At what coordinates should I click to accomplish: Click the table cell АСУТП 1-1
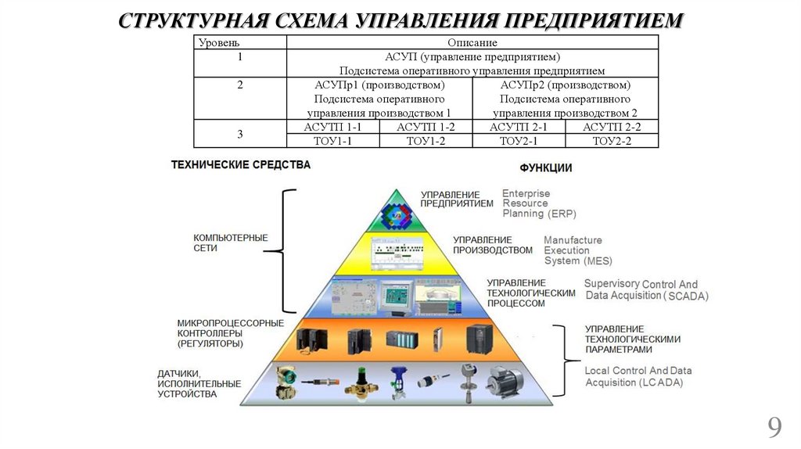click(x=333, y=127)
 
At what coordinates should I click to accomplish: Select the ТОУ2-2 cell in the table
click(x=612, y=141)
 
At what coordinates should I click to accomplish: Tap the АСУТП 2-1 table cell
click(x=519, y=127)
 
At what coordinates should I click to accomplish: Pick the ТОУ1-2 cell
click(x=426, y=141)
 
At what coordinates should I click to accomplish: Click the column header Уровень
click(x=219, y=42)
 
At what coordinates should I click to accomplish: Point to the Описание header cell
click(x=472, y=42)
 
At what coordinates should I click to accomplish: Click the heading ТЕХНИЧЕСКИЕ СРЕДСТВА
click(x=241, y=165)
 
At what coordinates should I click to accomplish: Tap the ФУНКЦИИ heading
click(x=546, y=168)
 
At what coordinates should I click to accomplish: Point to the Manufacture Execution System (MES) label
click(x=577, y=250)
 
